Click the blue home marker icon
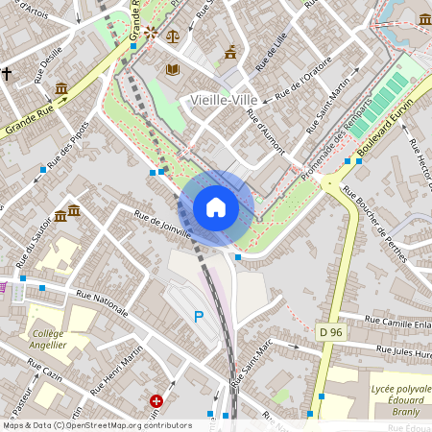(x=216, y=207)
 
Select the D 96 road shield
(x=330, y=331)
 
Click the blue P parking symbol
(x=200, y=317)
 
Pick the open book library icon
(x=173, y=69)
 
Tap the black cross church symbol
(x=6, y=73)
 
